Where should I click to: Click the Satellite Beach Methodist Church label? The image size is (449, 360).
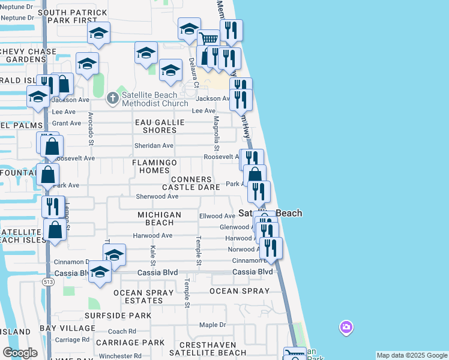coord(150,99)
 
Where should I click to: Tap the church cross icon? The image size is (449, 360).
coord(112,97)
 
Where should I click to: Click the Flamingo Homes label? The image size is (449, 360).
coord(154,166)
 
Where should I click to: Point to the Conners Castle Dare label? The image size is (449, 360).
coord(191,183)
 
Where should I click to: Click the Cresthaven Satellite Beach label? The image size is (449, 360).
coord(205,349)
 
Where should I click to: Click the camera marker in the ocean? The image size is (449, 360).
coord(346,327)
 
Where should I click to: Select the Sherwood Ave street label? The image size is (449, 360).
coord(157,196)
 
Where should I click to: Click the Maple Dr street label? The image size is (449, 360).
coord(212,325)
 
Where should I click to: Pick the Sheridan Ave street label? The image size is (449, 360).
coord(154,146)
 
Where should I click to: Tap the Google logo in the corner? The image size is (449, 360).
coord(20,353)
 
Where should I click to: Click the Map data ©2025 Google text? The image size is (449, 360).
coord(412,355)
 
